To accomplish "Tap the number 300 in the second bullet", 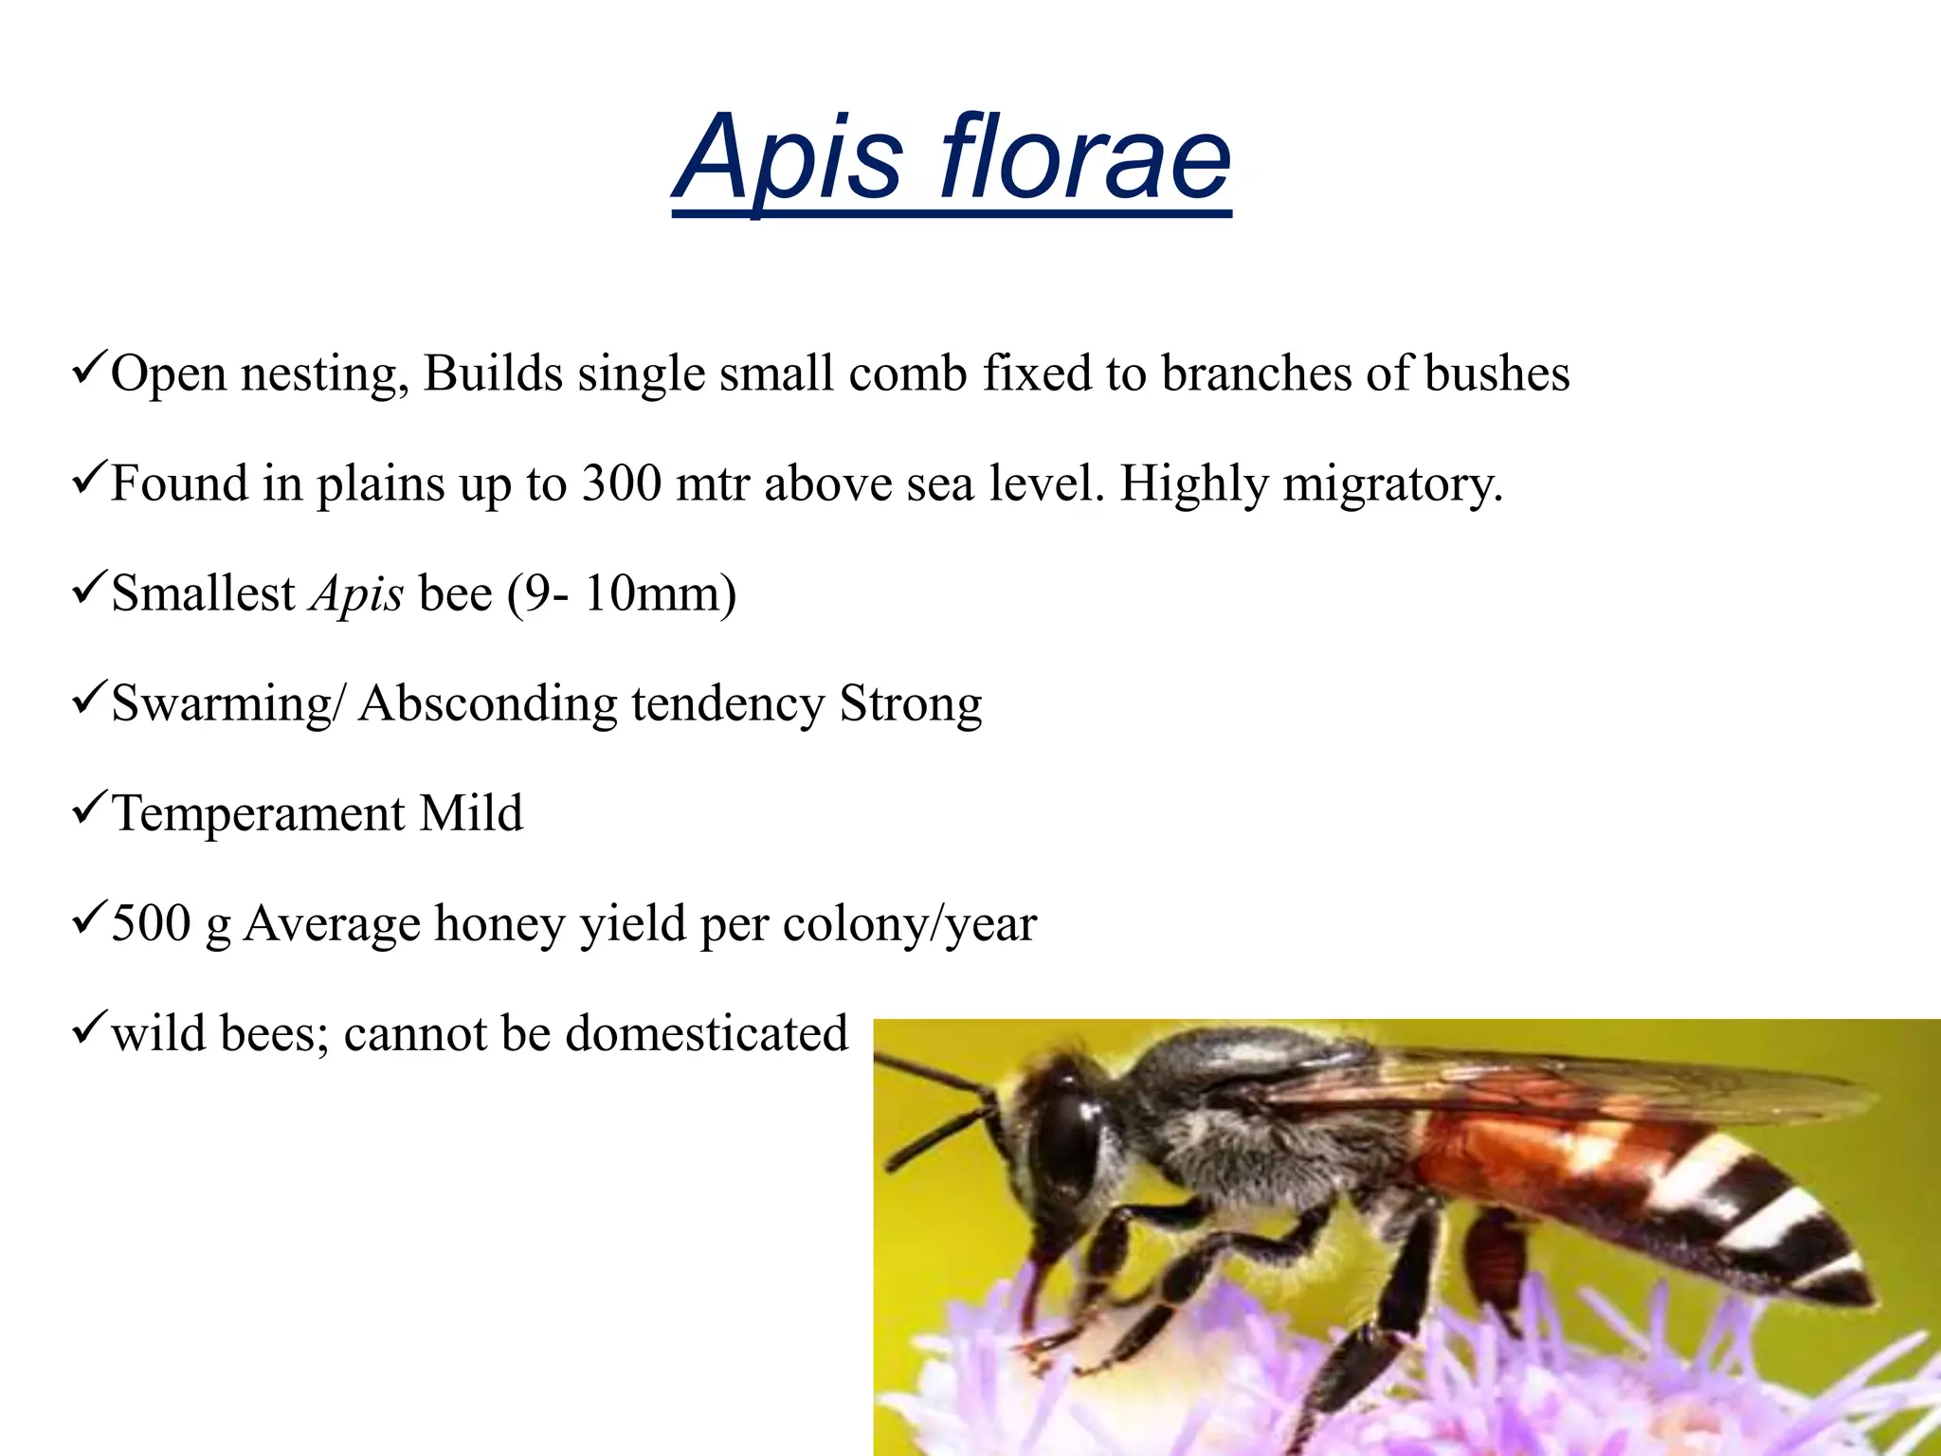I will tap(622, 483).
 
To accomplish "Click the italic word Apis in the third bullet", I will tap(357, 595).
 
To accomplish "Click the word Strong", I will tap(911, 704).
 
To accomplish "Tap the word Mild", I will tap(471, 813).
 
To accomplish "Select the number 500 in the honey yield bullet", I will tap(151, 922).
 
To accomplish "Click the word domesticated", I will tap(706, 1033).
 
